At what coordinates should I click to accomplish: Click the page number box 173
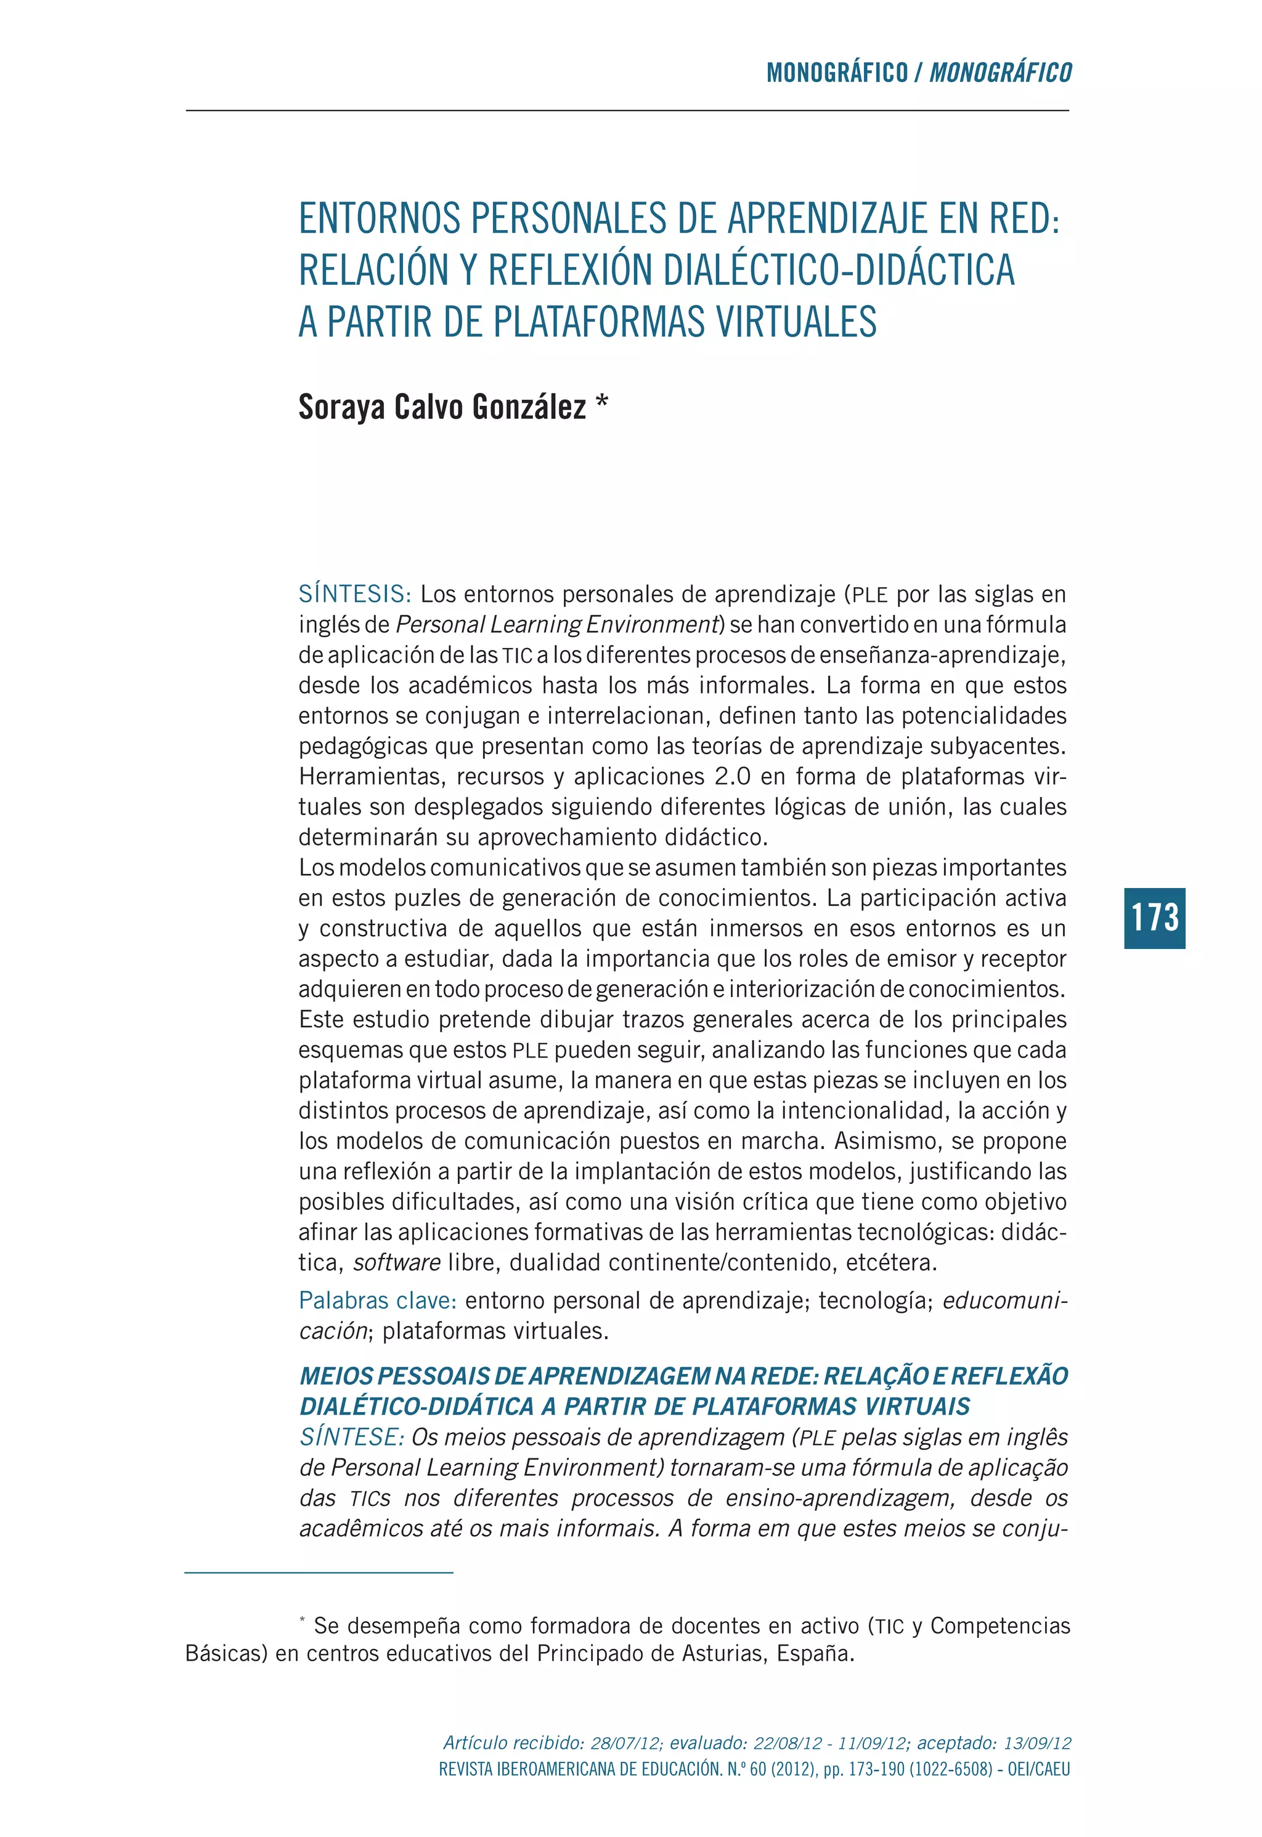(x=1154, y=918)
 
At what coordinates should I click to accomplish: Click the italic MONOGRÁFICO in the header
(x=1000, y=73)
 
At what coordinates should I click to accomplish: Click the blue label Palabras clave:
(x=377, y=1301)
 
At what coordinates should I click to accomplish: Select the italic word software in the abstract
(x=397, y=1263)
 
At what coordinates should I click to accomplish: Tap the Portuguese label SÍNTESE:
(x=352, y=1437)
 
